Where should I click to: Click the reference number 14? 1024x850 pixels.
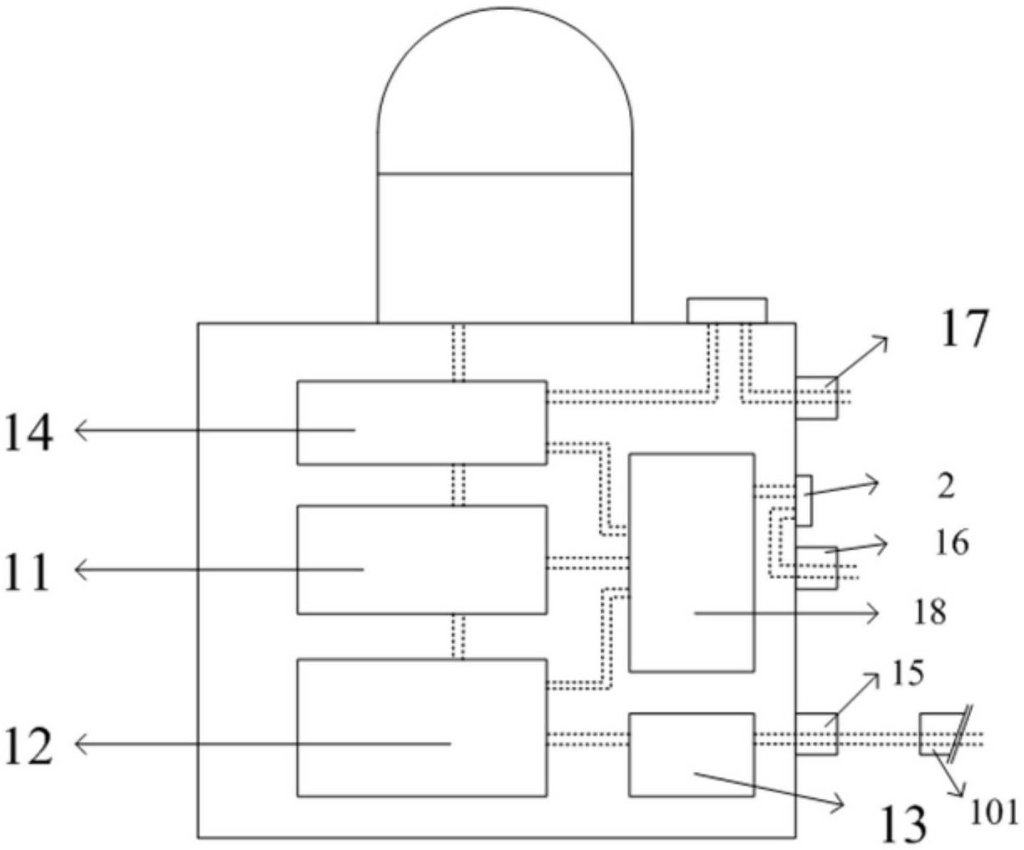29,432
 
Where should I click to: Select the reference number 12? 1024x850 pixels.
29,747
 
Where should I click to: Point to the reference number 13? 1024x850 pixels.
903,824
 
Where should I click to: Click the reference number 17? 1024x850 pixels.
964,329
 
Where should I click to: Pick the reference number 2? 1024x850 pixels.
946,487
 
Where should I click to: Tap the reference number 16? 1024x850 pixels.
951,543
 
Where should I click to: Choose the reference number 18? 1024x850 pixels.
930,613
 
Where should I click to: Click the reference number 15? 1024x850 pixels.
908,673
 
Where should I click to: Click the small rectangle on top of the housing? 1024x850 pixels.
727,311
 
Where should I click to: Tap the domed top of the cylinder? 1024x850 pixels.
505,93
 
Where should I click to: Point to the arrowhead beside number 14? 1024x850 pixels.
81,431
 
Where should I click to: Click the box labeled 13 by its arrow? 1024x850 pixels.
691,754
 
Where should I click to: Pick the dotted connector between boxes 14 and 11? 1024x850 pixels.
459,485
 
